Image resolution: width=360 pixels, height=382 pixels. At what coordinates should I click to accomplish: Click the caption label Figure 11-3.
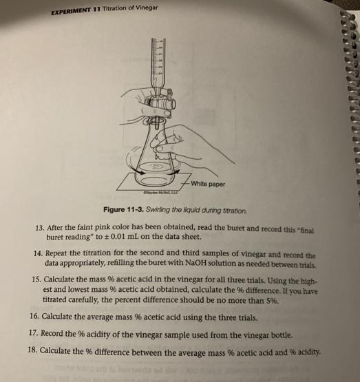coord(124,210)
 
